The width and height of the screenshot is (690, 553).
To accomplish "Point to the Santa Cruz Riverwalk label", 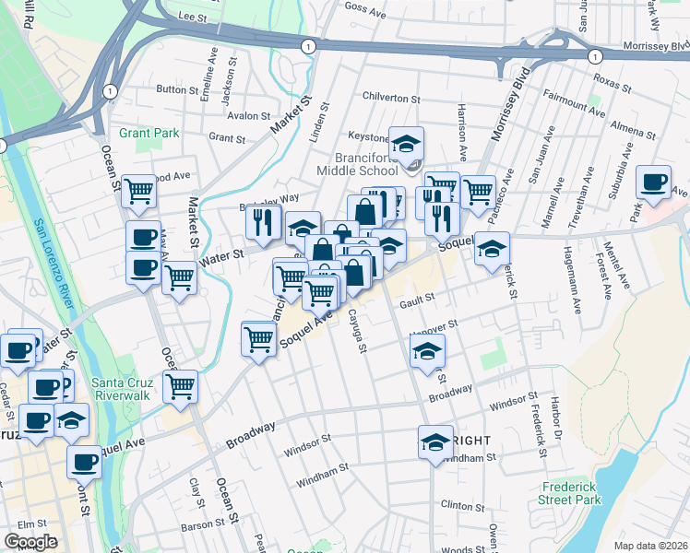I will click(x=127, y=389).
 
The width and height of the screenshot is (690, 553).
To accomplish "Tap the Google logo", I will click(x=30, y=542).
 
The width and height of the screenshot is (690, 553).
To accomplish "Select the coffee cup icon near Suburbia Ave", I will click(x=654, y=182).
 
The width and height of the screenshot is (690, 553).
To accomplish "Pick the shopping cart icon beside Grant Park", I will click(x=138, y=192).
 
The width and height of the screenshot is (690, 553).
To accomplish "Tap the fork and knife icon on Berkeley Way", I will click(x=263, y=221).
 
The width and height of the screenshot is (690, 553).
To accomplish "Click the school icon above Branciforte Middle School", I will click(x=405, y=144).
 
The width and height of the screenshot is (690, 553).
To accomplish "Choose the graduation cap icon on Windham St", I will click(x=435, y=441).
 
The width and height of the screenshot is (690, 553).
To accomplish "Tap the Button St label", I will click(x=172, y=89).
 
